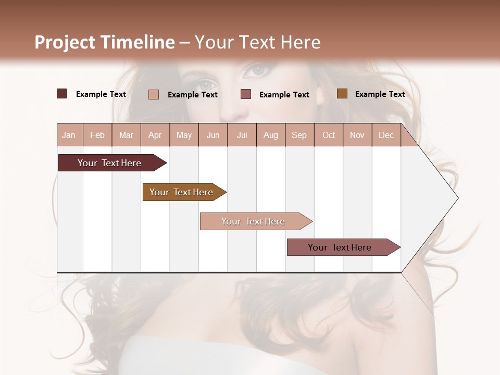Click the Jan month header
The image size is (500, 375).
[69, 135]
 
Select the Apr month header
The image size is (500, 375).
[155, 135]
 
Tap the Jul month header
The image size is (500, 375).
[242, 135]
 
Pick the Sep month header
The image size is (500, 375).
[299, 135]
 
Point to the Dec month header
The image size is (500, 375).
[386, 135]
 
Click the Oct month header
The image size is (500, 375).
[329, 135]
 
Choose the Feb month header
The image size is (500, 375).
[97, 135]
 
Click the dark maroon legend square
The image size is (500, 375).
[62, 94]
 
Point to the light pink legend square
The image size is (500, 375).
[154, 94]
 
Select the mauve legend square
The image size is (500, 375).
[246, 94]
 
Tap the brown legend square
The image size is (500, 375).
[342, 94]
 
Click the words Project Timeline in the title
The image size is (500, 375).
[104, 42]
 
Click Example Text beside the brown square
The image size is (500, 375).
[380, 94]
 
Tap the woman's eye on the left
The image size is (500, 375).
[207, 83]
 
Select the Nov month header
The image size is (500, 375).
[357, 135]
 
